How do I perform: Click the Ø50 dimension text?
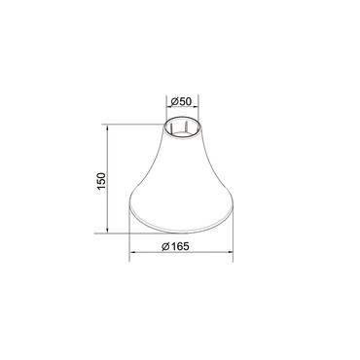(x=181, y=101)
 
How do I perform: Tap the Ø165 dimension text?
(x=175, y=246)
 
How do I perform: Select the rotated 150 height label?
(x=101, y=181)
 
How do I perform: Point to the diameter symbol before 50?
(x=174, y=101)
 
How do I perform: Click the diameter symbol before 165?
(x=165, y=246)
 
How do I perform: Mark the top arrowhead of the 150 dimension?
(x=107, y=126)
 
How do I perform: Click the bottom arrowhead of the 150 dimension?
(x=107, y=231)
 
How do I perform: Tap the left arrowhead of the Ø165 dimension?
(x=132, y=252)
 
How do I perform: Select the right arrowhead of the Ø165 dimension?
(x=231, y=252)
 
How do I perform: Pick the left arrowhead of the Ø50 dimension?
(x=168, y=107)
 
